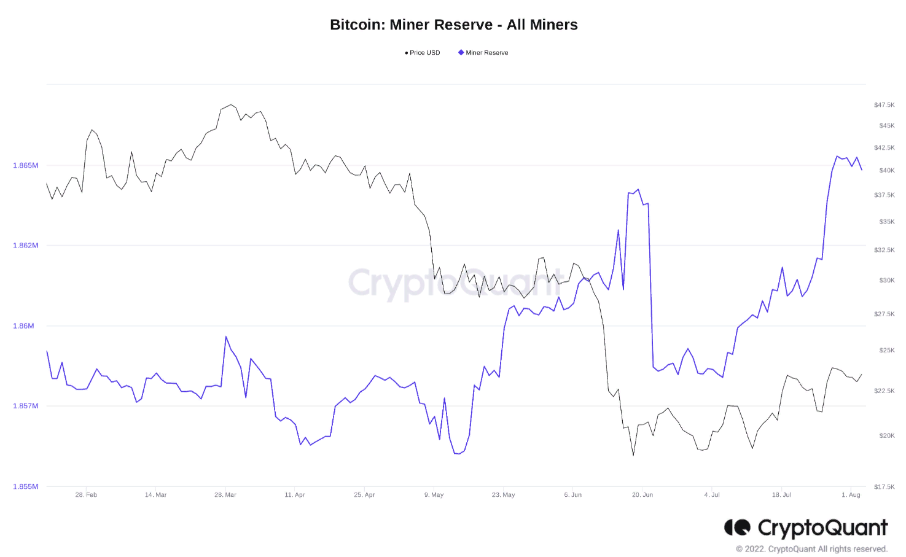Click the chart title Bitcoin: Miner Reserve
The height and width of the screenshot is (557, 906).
pos(453,25)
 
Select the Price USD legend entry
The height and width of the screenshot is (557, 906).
pos(423,53)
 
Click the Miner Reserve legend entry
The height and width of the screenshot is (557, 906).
pos(483,53)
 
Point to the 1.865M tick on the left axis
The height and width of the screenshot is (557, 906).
pos(25,165)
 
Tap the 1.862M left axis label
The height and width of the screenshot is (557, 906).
pos(25,245)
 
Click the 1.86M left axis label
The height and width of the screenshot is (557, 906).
pos(23,325)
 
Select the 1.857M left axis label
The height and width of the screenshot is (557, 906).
pos(25,406)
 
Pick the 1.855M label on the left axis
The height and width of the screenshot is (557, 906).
pos(25,486)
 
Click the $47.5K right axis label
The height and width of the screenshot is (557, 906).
pos(884,105)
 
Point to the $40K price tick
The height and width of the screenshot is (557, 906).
pos(886,171)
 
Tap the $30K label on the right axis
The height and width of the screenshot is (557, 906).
pos(886,280)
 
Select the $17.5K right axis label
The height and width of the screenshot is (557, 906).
pos(884,487)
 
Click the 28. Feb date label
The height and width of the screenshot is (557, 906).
pos(86,495)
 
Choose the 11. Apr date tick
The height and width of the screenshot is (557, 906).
pos(295,495)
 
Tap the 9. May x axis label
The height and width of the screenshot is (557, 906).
pos(434,495)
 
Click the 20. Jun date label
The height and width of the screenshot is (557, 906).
pos(642,495)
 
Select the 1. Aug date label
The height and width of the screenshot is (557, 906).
pos(851,495)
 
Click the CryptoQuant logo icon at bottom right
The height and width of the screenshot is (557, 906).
pos(737,528)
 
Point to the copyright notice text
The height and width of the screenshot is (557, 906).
pos(811,549)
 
